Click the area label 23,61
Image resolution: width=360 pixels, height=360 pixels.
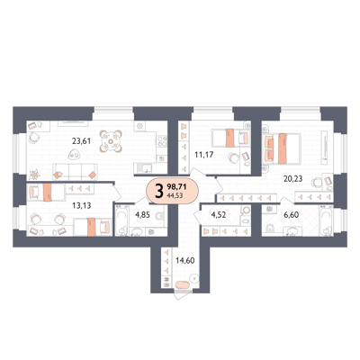(x=81, y=140)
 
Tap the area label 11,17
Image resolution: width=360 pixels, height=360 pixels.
(x=204, y=155)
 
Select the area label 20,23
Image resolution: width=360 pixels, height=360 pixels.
(x=293, y=179)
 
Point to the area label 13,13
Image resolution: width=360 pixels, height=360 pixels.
(x=82, y=205)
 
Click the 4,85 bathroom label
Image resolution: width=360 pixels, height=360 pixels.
(x=142, y=215)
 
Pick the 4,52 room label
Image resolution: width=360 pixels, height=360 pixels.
(x=219, y=215)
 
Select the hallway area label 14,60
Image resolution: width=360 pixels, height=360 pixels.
(x=185, y=260)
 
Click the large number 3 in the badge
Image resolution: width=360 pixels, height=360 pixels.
(x=159, y=191)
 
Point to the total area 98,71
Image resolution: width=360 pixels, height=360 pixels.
(x=176, y=187)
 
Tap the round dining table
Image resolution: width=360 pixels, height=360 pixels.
(x=111, y=141)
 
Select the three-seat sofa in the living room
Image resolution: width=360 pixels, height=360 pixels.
(x=75, y=172)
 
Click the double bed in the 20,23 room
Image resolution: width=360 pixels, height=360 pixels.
(x=283, y=148)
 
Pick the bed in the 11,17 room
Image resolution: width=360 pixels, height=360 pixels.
(x=230, y=138)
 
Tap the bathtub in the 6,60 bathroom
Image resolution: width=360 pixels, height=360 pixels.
(x=327, y=220)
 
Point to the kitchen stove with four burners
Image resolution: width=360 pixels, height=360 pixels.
(x=162, y=141)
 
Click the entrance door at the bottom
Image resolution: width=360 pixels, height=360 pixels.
(x=183, y=294)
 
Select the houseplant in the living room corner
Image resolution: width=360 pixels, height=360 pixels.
(x=35, y=174)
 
